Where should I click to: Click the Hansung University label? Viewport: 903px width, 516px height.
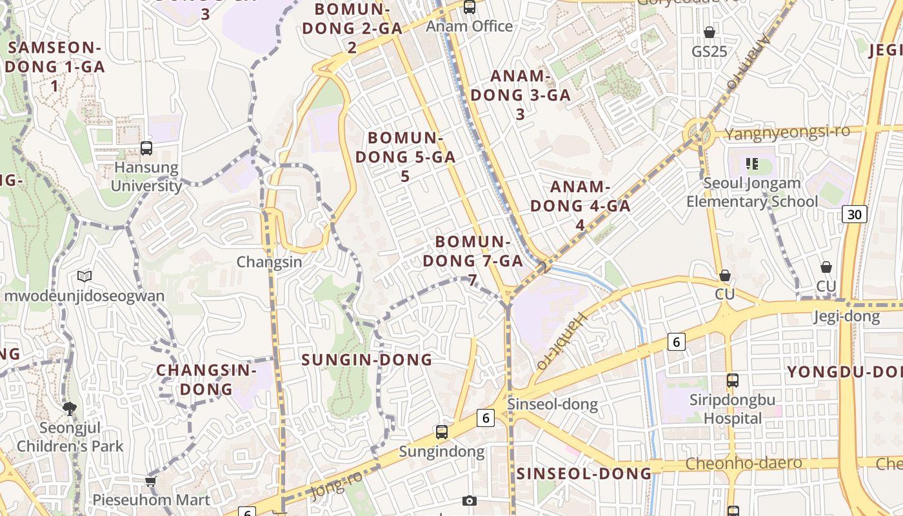coord(146,177)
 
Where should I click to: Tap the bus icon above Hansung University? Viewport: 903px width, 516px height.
coord(146,148)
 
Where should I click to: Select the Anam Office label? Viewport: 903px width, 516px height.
coord(470,26)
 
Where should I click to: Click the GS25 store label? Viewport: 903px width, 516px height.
coord(709,51)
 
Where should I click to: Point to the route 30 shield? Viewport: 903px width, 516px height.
coord(854,214)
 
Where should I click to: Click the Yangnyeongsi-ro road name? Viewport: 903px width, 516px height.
coord(787,133)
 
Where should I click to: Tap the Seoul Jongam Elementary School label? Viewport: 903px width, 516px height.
coord(751,192)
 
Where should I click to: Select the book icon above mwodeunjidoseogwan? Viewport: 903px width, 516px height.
coord(84,276)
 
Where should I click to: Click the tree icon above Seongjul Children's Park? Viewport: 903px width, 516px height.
coord(70,408)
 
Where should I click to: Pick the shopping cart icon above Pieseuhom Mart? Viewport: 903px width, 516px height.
coord(151,481)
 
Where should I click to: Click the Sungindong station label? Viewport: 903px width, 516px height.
coord(442,451)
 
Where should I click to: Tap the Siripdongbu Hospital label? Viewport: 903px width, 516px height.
coord(733,409)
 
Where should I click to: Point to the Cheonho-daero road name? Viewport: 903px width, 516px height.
coord(744,463)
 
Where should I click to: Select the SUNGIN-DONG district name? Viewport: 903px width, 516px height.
coord(367,360)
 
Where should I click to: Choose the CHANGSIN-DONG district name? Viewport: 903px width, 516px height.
coord(206,380)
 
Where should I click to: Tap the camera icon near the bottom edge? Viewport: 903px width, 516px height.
coord(470,501)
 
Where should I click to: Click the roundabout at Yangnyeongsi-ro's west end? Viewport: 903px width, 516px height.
coord(698,133)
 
